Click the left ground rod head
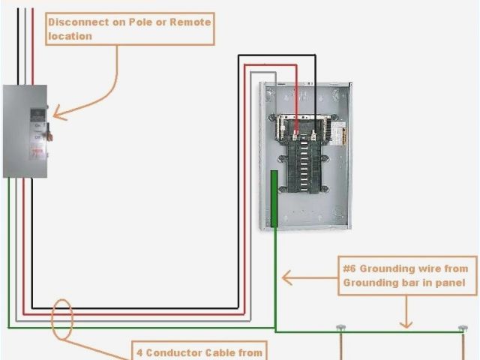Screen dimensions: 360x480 [x=341, y=328]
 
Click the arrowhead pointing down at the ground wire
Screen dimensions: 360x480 [x=406, y=324]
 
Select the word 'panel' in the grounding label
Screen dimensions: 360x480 [x=460, y=283]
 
